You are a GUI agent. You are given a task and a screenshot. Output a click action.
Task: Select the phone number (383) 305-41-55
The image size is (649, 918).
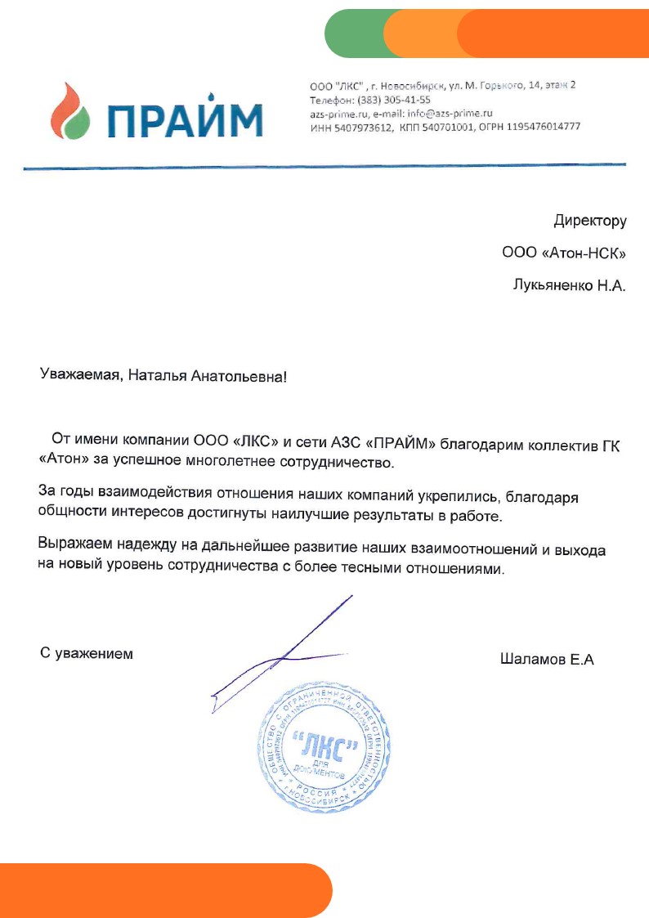click(x=384, y=100)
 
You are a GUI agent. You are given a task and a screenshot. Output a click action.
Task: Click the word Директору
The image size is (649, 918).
click(x=589, y=221)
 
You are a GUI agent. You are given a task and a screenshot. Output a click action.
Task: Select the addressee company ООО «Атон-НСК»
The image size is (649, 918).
click(x=564, y=254)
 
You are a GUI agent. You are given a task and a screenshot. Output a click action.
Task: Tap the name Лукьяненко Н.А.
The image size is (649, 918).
click(x=568, y=287)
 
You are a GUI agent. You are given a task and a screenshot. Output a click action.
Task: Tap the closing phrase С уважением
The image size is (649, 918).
click(x=87, y=654)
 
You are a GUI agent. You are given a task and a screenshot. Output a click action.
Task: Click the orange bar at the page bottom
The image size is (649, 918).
click(x=163, y=890)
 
